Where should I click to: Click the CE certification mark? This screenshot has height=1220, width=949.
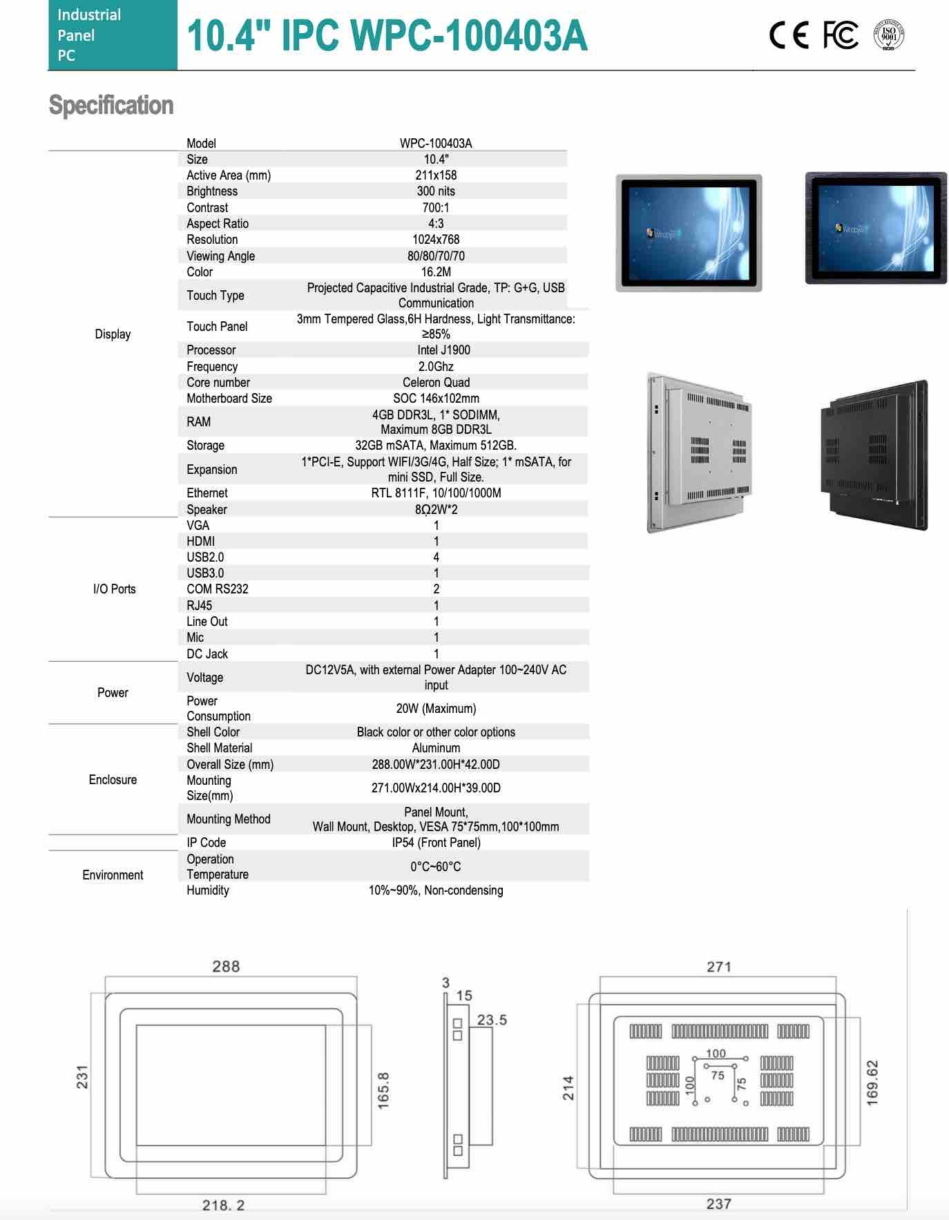pyautogui.click(x=789, y=36)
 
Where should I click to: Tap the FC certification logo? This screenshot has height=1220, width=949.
pyautogui.click(x=841, y=35)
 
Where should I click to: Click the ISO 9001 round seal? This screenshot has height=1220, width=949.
pyautogui.click(x=889, y=35)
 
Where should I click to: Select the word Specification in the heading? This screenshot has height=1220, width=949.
pyautogui.click(x=111, y=106)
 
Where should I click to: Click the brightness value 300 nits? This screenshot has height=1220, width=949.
pyautogui.click(x=436, y=191)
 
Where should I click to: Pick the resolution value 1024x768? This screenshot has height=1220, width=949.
pyautogui.click(x=436, y=240)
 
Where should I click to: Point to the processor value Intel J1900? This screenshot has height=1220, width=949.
pyautogui.click(x=443, y=350)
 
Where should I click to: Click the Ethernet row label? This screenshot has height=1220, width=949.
pyautogui.click(x=207, y=493)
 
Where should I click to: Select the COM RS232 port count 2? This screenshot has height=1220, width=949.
pyautogui.click(x=436, y=589)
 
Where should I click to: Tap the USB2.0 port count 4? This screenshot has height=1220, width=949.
pyautogui.click(x=436, y=557)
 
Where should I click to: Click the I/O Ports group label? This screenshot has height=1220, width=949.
pyautogui.click(x=114, y=589)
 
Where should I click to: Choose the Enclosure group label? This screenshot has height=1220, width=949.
pyautogui.click(x=113, y=780)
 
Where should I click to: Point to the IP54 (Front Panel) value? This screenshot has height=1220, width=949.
pyautogui.click(x=436, y=843)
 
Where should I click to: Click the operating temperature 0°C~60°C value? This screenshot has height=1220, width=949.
pyautogui.click(x=436, y=867)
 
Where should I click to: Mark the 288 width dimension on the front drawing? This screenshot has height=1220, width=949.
pyautogui.click(x=226, y=966)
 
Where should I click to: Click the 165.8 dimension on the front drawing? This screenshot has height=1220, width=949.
pyautogui.click(x=384, y=1091)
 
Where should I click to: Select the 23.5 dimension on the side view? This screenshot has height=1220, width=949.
pyautogui.click(x=492, y=1020)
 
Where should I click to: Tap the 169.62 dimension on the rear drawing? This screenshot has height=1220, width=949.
pyautogui.click(x=872, y=1083)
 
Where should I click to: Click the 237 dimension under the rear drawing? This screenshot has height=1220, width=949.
pyautogui.click(x=718, y=1204)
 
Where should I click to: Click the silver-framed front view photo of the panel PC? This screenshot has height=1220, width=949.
pyautogui.click(x=689, y=233)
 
